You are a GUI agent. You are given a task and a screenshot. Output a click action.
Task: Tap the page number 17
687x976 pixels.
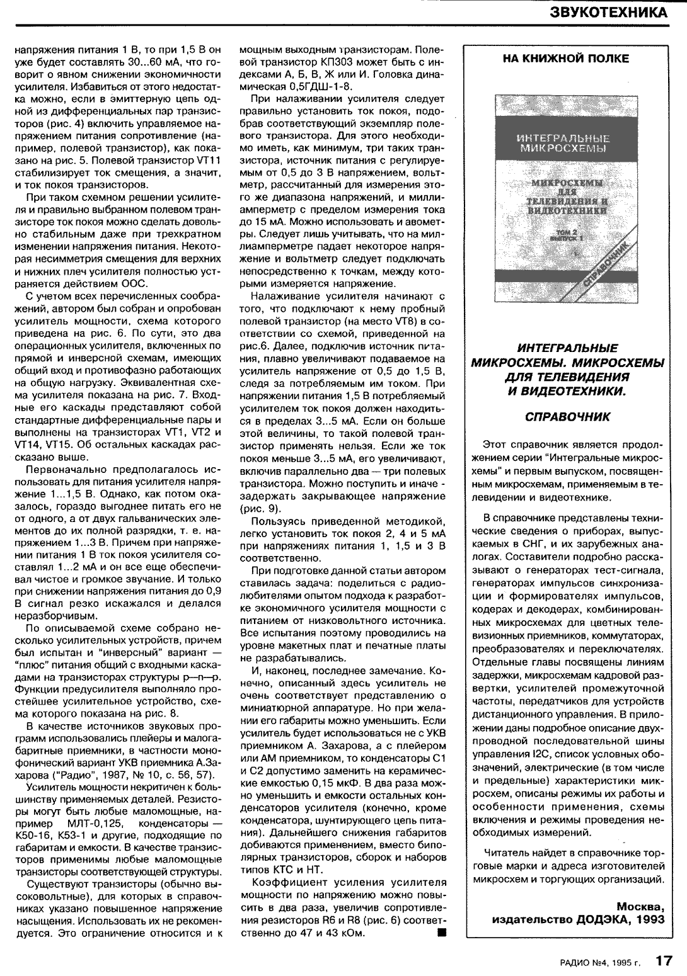662,960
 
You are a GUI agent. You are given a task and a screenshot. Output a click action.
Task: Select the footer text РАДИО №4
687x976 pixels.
587,962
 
